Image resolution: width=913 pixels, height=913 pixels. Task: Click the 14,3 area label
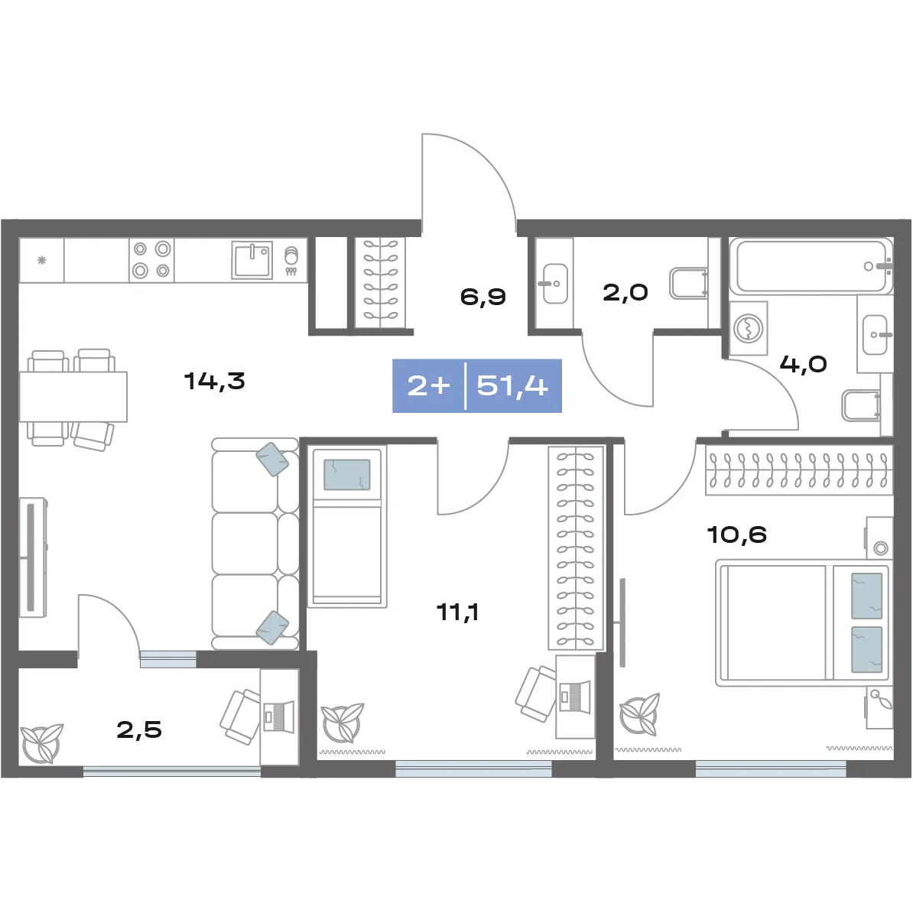tap(214, 382)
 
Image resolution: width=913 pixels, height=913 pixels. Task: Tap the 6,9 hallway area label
tap(482, 297)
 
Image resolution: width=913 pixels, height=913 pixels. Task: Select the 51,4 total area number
tap(512, 386)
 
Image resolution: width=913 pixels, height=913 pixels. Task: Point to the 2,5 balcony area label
tap(139, 729)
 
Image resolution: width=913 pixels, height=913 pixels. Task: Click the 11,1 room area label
tap(458, 612)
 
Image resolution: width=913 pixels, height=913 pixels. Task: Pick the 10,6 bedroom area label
tap(736, 534)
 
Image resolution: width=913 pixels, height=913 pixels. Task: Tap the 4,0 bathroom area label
tap(804, 365)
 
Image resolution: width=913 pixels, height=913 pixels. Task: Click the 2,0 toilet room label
tap(625, 292)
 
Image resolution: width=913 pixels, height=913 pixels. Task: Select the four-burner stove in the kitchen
tap(151, 260)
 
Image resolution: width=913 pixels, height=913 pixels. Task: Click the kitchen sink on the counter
tap(252, 260)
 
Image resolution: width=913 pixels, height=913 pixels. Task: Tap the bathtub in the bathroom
tap(811, 266)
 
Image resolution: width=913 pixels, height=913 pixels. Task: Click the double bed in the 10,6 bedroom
tap(802, 622)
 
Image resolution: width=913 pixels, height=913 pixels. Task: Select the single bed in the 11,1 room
tap(346, 527)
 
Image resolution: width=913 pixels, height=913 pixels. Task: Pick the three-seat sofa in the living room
tap(255, 544)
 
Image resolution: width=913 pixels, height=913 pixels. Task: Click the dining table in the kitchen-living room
tap(73, 396)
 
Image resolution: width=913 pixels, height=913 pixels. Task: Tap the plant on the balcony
tap(41, 742)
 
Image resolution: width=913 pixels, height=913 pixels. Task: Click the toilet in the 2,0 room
tap(689, 283)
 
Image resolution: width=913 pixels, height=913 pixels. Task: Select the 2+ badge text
tap(429, 386)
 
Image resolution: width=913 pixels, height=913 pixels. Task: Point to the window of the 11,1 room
tap(473, 768)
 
